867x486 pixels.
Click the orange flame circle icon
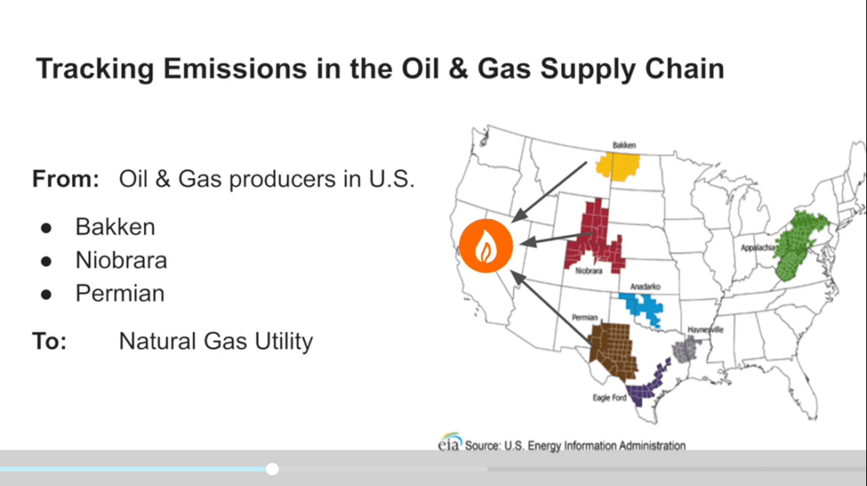pyautogui.click(x=486, y=246)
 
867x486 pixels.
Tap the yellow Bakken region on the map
pyautogui.click(x=619, y=167)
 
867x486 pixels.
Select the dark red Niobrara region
pyautogui.click(x=595, y=239)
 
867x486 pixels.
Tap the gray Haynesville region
pyautogui.click(x=686, y=350)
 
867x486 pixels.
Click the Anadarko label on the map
pyautogui.click(x=645, y=286)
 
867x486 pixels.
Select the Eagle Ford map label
pyautogui.click(x=610, y=398)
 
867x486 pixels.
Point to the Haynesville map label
pyautogui.click(x=705, y=329)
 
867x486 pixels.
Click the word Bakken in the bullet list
pyautogui.click(x=115, y=227)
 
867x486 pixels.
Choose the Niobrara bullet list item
pyautogui.click(x=121, y=261)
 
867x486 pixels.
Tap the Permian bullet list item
pyautogui.click(x=120, y=294)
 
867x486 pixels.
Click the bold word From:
pyautogui.click(x=66, y=179)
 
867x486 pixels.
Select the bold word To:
pyautogui.click(x=49, y=341)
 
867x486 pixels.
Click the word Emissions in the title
pyautogui.click(x=235, y=69)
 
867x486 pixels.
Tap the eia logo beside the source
pyautogui.click(x=450, y=441)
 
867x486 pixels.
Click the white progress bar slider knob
pyautogui.click(x=272, y=469)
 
